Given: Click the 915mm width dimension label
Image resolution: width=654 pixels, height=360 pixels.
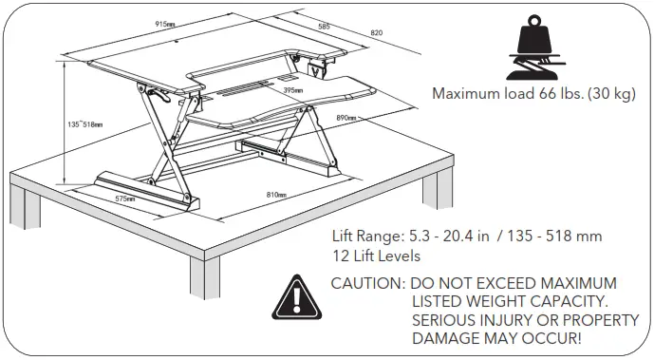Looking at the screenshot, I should pyautogui.click(x=163, y=24).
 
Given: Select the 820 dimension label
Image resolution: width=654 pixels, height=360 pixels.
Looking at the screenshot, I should pyautogui.click(x=376, y=32).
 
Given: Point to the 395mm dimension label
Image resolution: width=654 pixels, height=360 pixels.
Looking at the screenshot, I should pyautogui.click(x=292, y=90).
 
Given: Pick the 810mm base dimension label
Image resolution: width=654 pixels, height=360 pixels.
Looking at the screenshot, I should pyautogui.click(x=276, y=194).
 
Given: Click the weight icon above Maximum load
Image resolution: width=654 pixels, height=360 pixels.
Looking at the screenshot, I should pyautogui.click(x=535, y=47).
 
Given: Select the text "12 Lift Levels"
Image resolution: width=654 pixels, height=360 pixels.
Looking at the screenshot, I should pyautogui.click(x=375, y=256).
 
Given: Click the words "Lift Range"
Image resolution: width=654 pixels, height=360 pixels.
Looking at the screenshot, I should pyautogui.click(x=366, y=236).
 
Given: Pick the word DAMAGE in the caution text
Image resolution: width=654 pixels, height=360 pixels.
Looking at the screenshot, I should pyautogui.click(x=446, y=337).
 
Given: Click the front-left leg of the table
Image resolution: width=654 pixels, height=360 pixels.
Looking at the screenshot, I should pyautogui.click(x=204, y=275).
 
